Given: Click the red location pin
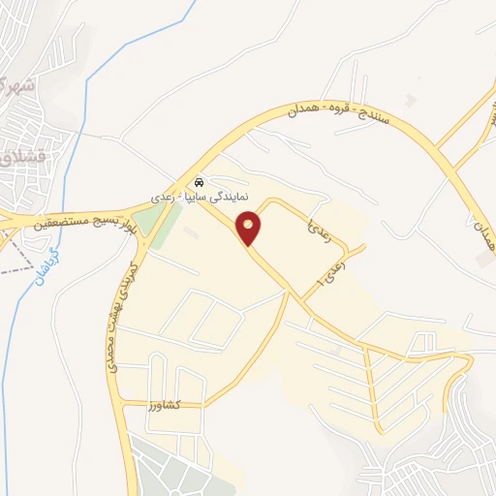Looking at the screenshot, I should coord(250,227).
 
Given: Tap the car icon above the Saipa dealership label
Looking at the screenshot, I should coord(199,181).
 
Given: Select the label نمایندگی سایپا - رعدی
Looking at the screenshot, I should coord(206,196).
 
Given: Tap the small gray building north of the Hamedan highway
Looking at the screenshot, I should coord(412,99).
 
